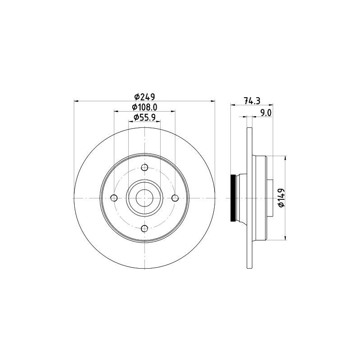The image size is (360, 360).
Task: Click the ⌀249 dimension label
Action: (x=144, y=97)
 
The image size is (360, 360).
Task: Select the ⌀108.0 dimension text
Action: (x=144, y=107)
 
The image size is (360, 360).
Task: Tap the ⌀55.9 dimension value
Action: (x=144, y=117)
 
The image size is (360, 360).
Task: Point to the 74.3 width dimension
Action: (x=252, y=101)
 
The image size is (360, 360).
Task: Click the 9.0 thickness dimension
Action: (x=266, y=113)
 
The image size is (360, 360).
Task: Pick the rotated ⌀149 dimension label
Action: (x=282, y=198)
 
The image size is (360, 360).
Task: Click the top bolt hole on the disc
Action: (x=144, y=167)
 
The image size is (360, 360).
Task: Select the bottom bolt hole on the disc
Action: (x=144, y=229)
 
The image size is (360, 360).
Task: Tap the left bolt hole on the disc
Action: (x=114, y=198)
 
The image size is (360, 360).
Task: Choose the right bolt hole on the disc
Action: (x=175, y=198)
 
